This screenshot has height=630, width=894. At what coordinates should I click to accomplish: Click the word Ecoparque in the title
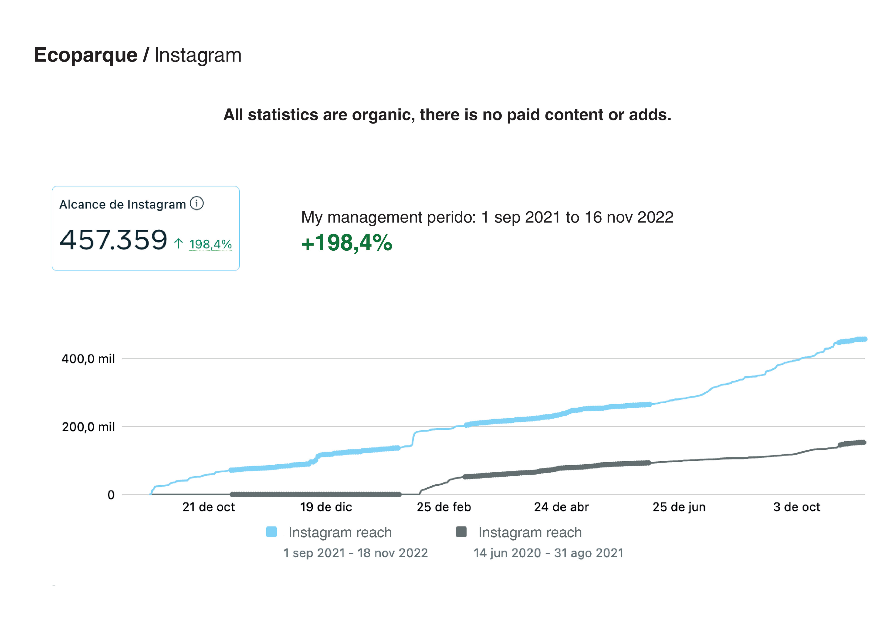coord(86,55)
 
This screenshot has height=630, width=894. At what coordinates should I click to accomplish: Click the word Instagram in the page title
coord(198,55)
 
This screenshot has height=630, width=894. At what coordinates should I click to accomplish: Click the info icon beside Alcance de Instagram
coord(197,203)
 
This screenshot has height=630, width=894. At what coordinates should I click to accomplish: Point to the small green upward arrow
coord(178,244)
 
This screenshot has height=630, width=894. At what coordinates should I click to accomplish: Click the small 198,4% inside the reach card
coord(210,244)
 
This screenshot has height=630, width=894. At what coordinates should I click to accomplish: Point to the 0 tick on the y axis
coord(111,495)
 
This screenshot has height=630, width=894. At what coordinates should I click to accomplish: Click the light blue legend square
coord(271,532)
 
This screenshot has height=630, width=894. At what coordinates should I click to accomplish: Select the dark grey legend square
coord(461,532)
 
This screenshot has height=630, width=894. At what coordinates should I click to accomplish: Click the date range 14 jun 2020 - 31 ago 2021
coord(548,553)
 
